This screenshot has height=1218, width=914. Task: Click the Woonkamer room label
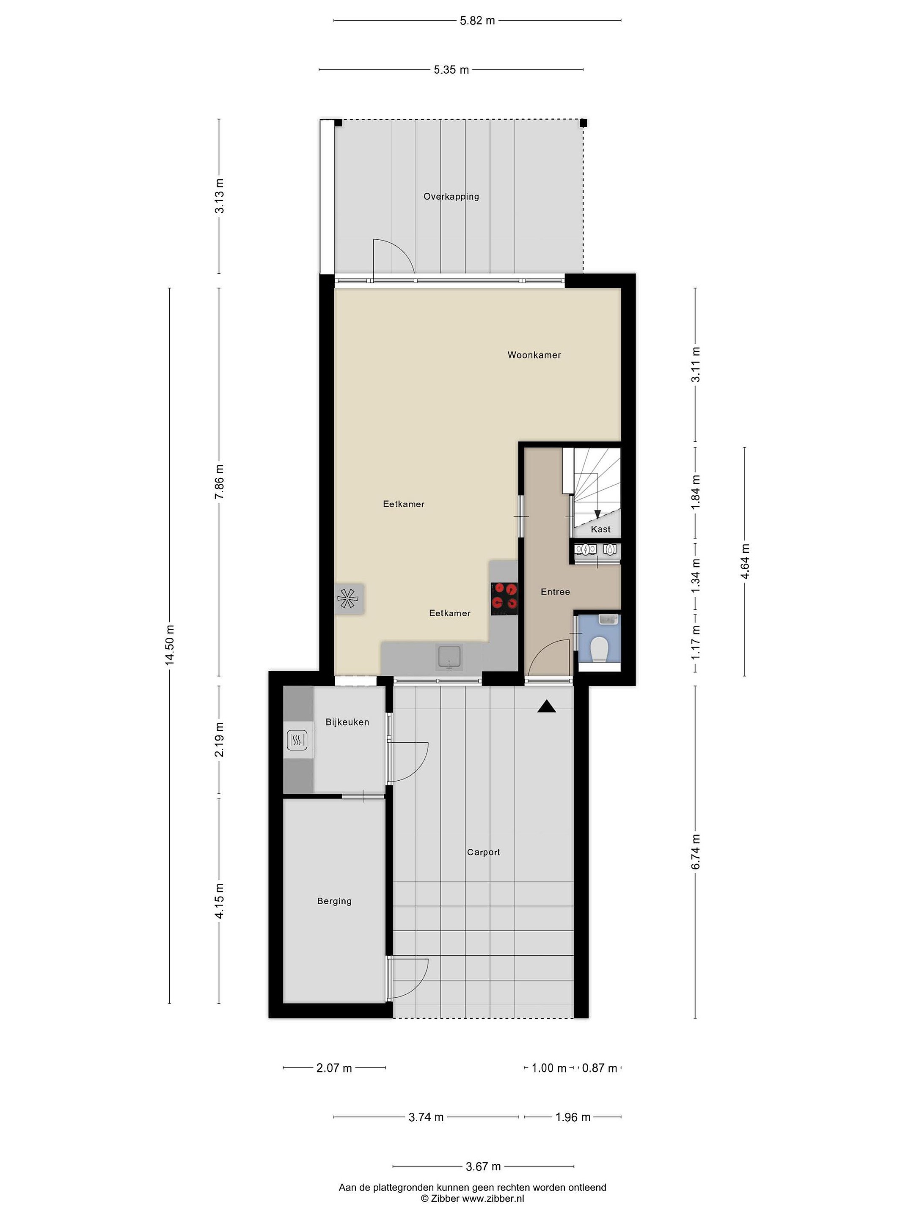pos(534,355)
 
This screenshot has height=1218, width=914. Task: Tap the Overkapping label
pos(451,197)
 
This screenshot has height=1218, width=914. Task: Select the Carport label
pos(483,852)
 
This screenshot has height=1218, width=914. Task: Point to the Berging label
pos(334,901)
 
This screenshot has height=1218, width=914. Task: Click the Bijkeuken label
pos(347,722)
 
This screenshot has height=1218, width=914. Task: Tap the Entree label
pos(555,592)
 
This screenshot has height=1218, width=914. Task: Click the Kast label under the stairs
pos(600,529)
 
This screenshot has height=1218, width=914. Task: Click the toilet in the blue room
pos(598,650)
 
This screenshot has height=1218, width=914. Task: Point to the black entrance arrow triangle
pos(547,706)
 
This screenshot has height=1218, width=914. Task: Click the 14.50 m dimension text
pos(170,645)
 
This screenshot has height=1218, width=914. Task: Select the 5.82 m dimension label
pos(477,21)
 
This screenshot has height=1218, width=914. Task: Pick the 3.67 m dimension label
pos(483,1166)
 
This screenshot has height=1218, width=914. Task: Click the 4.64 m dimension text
pos(745,561)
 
